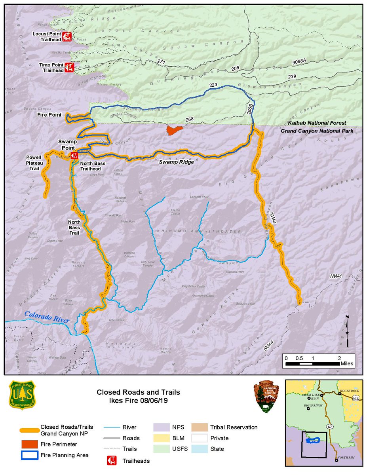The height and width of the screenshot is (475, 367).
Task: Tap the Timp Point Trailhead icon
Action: pos(69,67)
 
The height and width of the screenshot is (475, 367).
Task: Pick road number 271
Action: pos(161,62)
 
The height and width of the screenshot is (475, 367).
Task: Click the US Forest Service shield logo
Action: pos(22,395)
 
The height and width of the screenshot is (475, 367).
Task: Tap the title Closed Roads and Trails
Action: pos(139,392)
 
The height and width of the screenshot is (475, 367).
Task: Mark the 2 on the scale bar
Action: pos(339,358)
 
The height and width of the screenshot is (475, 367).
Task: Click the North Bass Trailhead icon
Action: pos(74,156)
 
